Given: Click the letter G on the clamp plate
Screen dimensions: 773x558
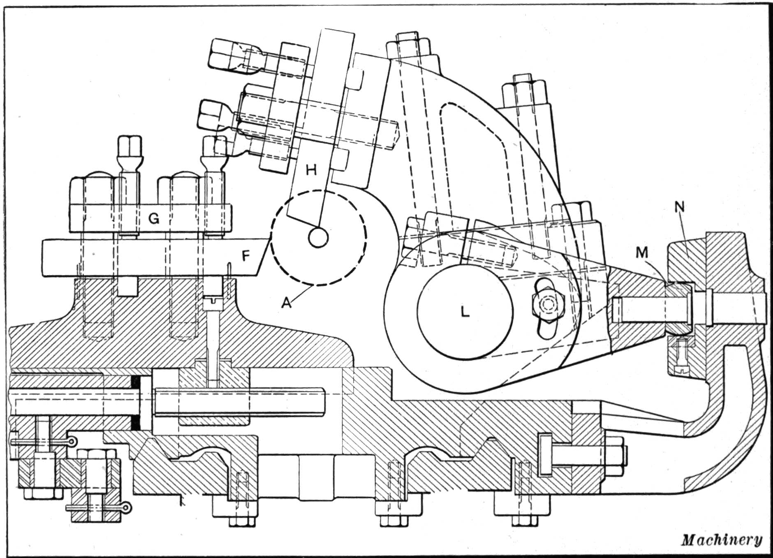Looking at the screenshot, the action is [153, 219].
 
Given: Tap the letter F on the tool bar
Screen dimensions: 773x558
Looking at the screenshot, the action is [245, 256].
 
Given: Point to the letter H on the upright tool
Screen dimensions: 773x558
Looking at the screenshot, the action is [311, 170].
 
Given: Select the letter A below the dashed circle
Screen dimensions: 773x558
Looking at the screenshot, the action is [287, 303].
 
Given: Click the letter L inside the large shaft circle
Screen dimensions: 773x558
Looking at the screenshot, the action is [465, 312].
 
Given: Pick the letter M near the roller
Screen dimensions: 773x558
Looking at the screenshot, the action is [642, 253].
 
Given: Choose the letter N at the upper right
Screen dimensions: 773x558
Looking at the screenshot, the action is [680, 207].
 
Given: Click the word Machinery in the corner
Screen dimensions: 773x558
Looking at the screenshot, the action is [722, 539].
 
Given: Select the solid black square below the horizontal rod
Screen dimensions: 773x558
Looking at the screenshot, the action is [136, 423].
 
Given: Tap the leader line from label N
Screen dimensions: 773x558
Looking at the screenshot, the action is [689, 232].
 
